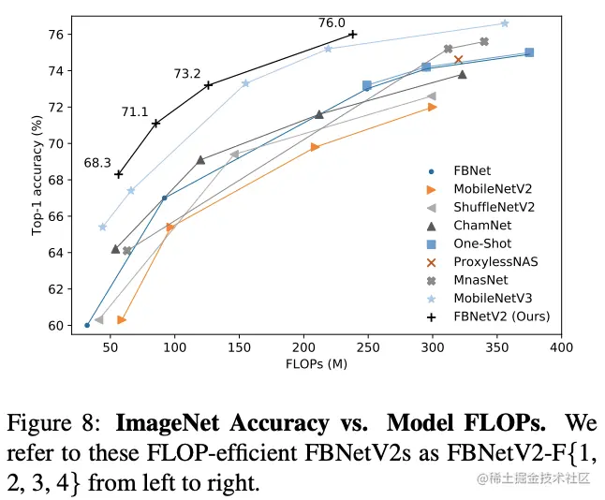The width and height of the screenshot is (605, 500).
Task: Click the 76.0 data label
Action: click(332, 23)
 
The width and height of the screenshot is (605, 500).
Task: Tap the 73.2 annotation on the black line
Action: click(187, 74)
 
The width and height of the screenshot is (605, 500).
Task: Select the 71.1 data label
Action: click(135, 112)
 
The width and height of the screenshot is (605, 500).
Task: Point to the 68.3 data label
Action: click(97, 163)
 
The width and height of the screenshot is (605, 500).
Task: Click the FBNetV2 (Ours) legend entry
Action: click(497, 316)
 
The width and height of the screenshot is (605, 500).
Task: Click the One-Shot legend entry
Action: click(479, 243)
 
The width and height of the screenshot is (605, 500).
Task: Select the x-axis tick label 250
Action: click(367, 349)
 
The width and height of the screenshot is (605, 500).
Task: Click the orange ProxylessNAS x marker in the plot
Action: click(459, 60)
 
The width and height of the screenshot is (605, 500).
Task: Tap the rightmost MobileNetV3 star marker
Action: click(505, 23)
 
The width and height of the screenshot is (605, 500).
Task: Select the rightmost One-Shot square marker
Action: click(529, 52)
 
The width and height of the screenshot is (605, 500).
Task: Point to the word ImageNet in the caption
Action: click(168, 422)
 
